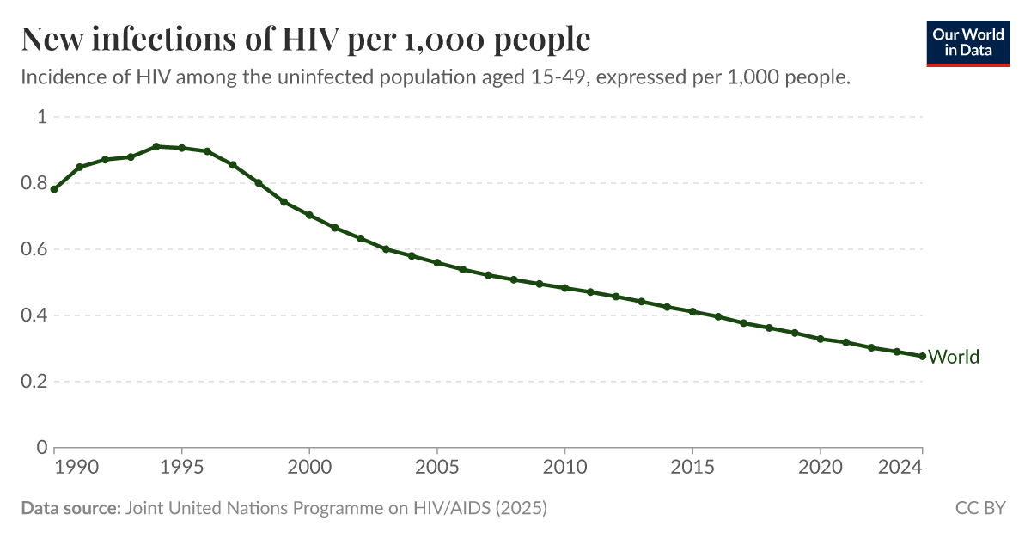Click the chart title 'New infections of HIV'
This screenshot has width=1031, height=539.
(305, 40)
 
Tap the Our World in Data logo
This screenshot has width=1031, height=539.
(967, 42)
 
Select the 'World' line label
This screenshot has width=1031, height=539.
(954, 357)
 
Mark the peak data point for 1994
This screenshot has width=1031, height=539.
(156, 147)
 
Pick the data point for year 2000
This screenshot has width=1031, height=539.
(309, 215)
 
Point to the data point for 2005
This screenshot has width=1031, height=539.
(437, 262)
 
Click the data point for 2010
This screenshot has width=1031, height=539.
(564, 288)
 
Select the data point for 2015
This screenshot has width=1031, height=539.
(692, 311)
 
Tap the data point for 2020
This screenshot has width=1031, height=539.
(821, 339)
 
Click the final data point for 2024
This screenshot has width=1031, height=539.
(923, 356)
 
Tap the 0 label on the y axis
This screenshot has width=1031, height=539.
(41, 448)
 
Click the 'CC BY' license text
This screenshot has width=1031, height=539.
(980, 508)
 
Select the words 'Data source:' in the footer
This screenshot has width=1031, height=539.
(70, 508)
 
